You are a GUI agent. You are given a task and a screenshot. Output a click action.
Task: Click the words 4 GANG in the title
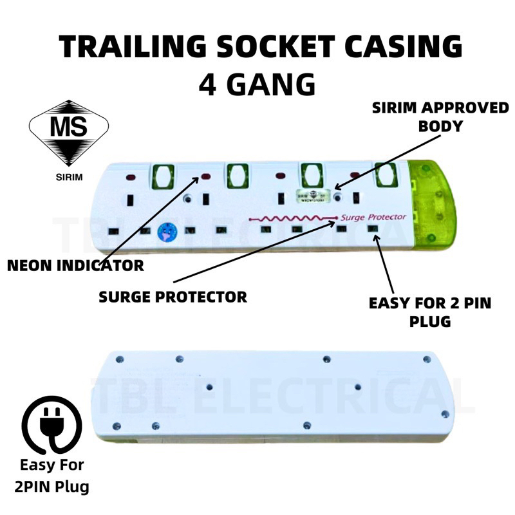pos(257,84)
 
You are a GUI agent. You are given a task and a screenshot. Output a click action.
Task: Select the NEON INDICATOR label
pos(76,265)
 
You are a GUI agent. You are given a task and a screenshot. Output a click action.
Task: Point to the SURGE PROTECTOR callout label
pos(173,297)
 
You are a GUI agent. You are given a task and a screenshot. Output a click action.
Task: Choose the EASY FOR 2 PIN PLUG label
pos(429,312)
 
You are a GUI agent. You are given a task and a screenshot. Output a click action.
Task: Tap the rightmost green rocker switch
pos(385,174)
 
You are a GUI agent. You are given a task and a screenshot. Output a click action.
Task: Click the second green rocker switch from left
pos(237,175)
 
